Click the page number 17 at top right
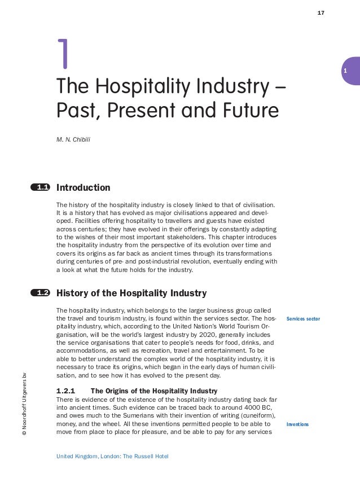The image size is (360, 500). click(321, 12)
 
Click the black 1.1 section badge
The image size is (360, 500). click(41, 187)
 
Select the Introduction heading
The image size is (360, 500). click(84, 187)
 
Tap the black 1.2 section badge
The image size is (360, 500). click(41, 293)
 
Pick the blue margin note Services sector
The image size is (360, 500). click(303, 319)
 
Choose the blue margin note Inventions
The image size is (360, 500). click(297, 423)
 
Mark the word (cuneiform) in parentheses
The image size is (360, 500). click(247, 415)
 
